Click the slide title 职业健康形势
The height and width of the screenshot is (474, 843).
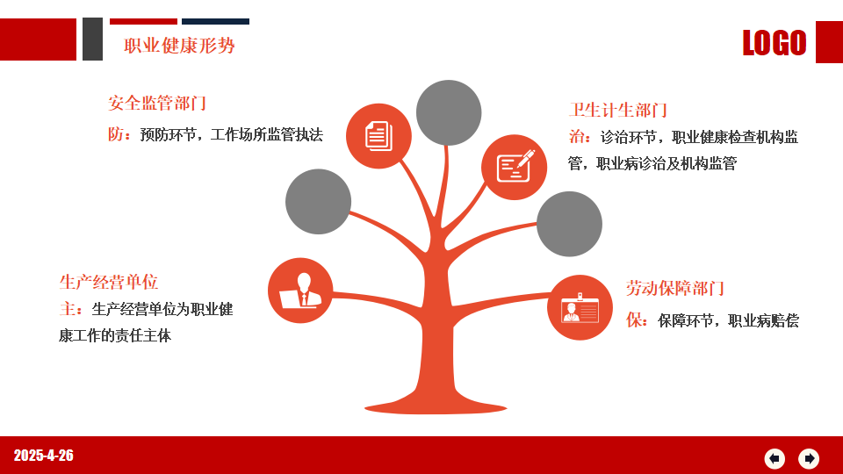click(x=179, y=46)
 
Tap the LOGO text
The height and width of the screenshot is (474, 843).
click(x=775, y=43)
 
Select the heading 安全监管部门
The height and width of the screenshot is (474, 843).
click(x=157, y=103)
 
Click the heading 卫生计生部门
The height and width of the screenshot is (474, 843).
click(x=618, y=110)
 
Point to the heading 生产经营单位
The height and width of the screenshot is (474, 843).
click(x=109, y=282)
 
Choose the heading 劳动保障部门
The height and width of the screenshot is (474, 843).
click(x=675, y=288)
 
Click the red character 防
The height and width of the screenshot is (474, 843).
click(x=116, y=134)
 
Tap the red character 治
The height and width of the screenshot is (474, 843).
click(x=577, y=137)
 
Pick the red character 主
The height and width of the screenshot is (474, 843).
click(x=68, y=308)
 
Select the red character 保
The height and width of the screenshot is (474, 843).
click(x=634, y=320)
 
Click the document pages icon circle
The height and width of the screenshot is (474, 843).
click(x=378, y=136)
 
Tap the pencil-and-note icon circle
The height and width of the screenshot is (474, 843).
click(x=514, y=167)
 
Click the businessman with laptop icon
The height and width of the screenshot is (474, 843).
click(x=300, y=291)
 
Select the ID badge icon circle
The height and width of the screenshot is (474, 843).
click(x=580, y=307)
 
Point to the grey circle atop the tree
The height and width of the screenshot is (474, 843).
click(x=449, y=113)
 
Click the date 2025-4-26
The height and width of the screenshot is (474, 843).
click(x=44, y=456)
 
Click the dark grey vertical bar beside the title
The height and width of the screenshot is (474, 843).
click(x=92, y=39)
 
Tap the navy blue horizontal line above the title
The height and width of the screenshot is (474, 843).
click(x=216, y=21)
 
